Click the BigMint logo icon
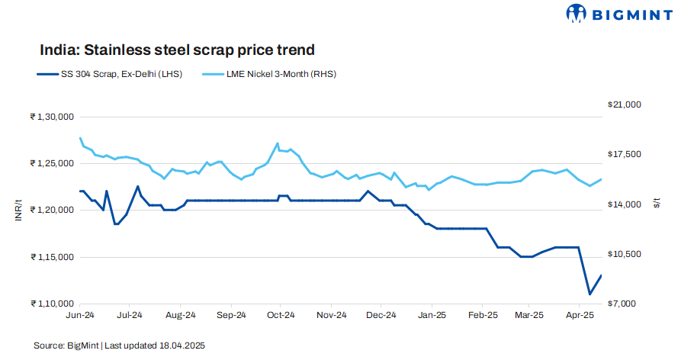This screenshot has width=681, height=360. (577, 14)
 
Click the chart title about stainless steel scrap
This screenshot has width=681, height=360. (177, 50)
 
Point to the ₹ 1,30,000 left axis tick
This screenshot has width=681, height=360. (51, 117)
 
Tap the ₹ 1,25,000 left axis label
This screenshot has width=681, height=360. (51, 163)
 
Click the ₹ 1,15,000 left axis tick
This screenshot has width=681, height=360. (51, 257)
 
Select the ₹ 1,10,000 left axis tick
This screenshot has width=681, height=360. (51, 304)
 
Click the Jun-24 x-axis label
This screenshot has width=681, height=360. (80, 314)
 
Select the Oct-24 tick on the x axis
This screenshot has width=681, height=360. (281, 314)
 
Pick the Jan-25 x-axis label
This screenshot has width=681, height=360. (432, 314)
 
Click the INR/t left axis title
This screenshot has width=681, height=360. (19, 210)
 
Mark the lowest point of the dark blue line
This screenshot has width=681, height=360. (589, 294)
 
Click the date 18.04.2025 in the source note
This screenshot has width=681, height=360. (183, 346)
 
